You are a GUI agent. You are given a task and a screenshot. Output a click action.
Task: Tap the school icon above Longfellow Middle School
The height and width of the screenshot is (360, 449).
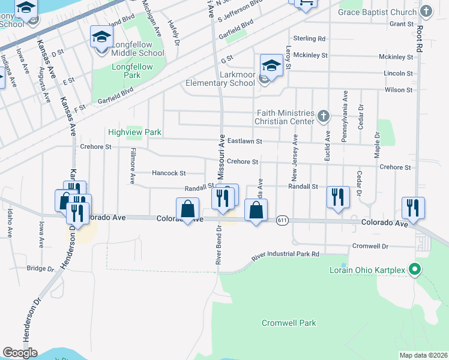(x=101, y=37)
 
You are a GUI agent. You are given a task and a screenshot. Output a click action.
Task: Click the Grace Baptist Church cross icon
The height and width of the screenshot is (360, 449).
(x=426, y=11)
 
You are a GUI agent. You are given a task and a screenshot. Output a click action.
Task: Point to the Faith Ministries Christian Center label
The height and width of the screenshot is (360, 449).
(x=285, y=117)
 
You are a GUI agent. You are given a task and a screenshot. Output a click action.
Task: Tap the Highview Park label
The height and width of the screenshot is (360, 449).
(x=135, y=132)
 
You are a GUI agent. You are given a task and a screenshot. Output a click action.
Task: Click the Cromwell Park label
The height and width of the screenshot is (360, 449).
(x=289, y=323)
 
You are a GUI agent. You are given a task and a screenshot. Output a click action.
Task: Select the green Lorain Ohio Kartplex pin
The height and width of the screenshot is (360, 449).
(x=414, y=269)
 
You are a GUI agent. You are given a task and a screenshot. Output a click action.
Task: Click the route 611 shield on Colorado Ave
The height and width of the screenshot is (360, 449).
(x=282, y=221)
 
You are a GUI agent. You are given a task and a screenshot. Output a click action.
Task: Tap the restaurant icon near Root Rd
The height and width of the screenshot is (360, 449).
(x=413, y=208)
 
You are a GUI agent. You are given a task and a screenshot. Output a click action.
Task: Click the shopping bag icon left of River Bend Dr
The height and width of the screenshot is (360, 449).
(x=187, y=209)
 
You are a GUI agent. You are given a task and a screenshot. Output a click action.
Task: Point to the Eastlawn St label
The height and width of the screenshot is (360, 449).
(x=247, y=142)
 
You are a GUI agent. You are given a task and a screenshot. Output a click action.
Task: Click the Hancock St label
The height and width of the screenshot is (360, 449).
(x=169, y=173)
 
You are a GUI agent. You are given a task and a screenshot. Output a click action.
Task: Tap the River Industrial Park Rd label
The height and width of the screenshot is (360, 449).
(x=285, y=255)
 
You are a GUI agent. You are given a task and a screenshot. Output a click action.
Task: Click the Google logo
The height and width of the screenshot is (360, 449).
(x=20, y=353)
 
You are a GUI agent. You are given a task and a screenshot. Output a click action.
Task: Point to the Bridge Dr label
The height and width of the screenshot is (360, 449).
(x=41, y=268)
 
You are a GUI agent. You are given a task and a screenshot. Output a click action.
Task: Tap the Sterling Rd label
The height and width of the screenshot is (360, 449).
(x=313, y=38)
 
